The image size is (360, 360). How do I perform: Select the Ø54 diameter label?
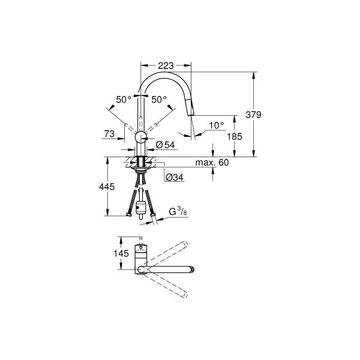(x=164, y=145)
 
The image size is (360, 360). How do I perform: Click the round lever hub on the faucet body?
(x=140, y=137)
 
